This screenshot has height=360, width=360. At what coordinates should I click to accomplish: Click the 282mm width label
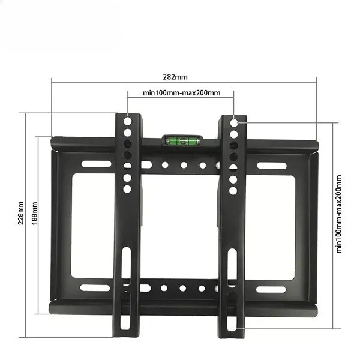point(175,77)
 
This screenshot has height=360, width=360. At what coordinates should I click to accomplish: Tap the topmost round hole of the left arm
point(127,121)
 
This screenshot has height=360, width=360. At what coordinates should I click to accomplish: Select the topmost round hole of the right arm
point(234,122)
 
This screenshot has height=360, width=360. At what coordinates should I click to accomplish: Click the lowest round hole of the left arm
point(127,189)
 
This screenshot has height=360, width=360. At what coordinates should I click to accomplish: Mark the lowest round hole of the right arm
point(233,190)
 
